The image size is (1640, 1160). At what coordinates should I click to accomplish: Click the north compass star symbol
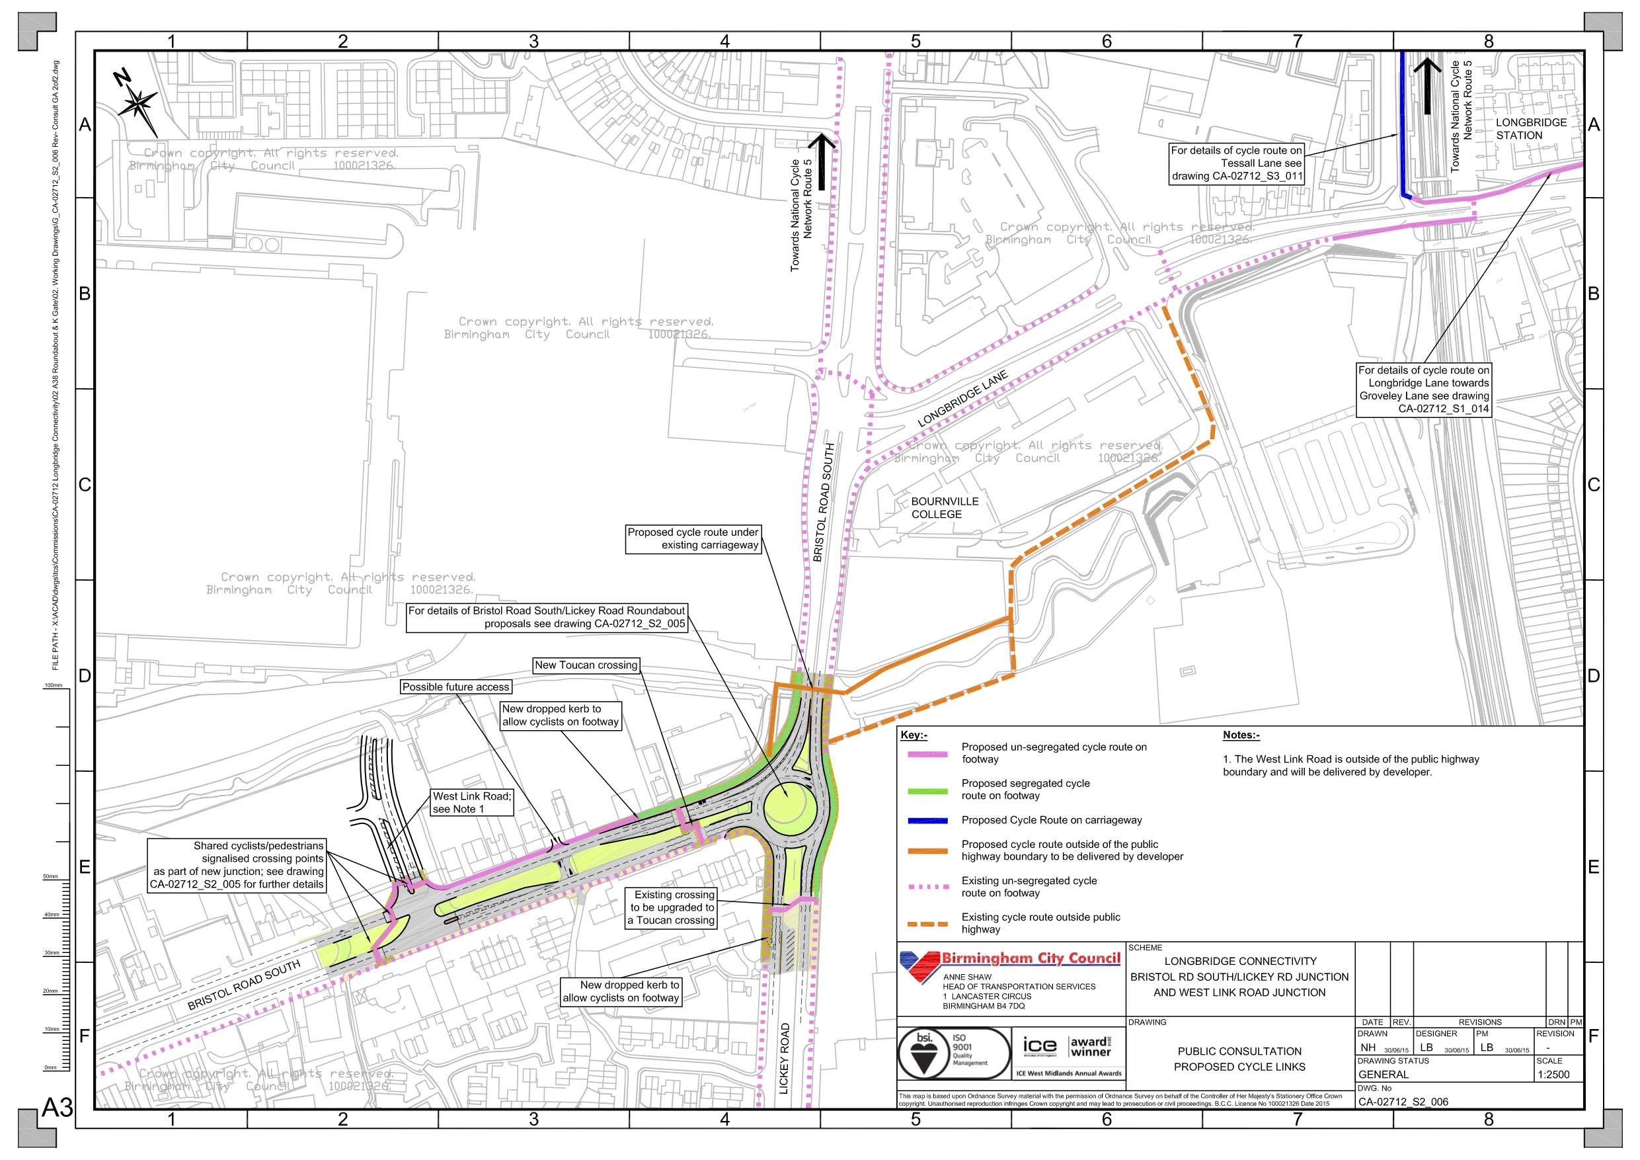[x=138, y=104]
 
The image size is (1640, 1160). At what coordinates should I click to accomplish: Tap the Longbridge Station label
[x=1531, y=130]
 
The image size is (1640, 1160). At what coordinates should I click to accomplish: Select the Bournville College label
[x=945, y=508]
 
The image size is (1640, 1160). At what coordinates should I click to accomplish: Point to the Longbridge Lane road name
[x=962, y=399]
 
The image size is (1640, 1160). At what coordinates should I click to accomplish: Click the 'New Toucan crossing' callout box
[x=586, y=665]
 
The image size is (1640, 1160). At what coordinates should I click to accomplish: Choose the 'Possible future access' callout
[x=455, y=688]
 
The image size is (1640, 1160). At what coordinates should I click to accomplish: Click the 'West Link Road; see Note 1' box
[x=471, y=803]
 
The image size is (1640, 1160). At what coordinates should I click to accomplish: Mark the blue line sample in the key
[x=927, y=821]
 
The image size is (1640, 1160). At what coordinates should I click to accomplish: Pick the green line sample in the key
[x=927, y=791]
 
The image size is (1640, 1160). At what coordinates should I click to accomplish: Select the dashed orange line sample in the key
[x=927, y=924]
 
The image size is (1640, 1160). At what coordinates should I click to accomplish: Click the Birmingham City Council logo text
[x=1030, y=959]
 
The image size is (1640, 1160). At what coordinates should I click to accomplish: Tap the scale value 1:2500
[x=1553, y=1075]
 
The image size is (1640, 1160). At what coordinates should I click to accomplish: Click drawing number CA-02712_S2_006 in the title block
[x=1403, y=1102]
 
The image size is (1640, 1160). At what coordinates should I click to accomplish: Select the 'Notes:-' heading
[x=1241, y=735]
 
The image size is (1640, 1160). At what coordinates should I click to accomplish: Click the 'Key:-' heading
[x=914, y=735]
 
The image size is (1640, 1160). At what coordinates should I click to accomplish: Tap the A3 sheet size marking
[x=57, y=1108]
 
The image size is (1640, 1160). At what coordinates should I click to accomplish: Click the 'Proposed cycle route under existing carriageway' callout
[x=693, y=539]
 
